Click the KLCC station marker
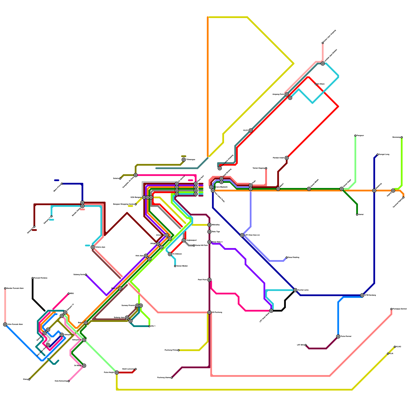pos(251,131)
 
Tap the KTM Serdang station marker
pos(362,295)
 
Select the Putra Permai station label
pos(346,337)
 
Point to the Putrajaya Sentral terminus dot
pos(391,309)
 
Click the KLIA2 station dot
pos(395,347)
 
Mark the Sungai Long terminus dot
pos(377,154)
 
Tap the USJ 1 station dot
pos(149,326)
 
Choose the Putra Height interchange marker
pos(117,373)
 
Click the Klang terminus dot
pos(29,379)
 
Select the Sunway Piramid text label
pos(128,306)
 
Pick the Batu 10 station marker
pos(120,288)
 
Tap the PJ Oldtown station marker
pos(170,254)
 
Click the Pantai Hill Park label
pos(201,245)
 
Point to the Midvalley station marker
pos(209,225)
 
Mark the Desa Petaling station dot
pos(287,257)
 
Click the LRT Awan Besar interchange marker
pos(271,311)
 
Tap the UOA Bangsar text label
pos(136,198)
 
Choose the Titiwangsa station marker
pos(184,160)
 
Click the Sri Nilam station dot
pos(316,84)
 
